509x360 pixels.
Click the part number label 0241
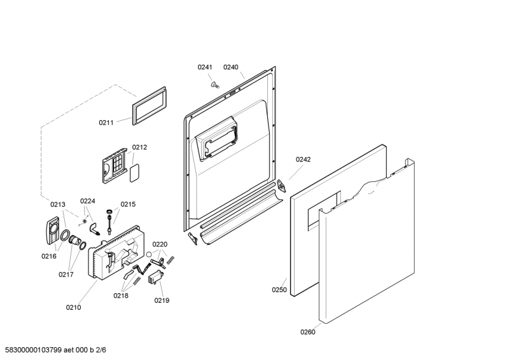tap(204, 67)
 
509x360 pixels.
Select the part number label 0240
tap(230, 67)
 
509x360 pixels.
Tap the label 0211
tap(106, 122)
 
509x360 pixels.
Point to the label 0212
tap(139, 148)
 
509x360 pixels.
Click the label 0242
tap(303, 160)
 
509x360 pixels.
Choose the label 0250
tap(279, 290)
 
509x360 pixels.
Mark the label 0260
tap(308, 331)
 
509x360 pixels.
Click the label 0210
tap(73, 308)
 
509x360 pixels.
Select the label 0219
tap(162, 300)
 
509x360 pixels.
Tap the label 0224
tap(88, 201)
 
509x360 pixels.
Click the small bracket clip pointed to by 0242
tap(281, 186)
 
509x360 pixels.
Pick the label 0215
tap(128, 205)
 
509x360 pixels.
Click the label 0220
tap(160, 244)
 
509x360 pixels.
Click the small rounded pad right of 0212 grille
tap(134, 174)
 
